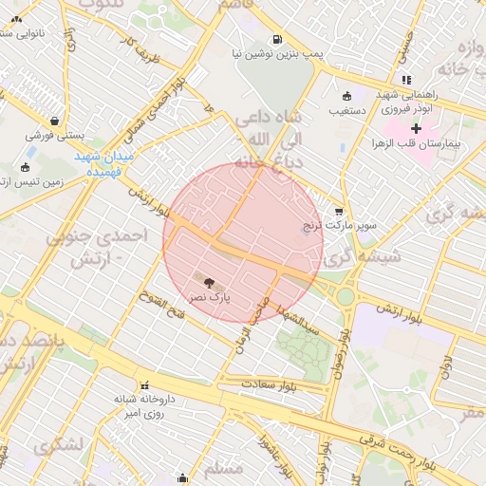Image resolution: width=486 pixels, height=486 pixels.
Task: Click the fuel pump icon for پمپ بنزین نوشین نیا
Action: pos(276,40)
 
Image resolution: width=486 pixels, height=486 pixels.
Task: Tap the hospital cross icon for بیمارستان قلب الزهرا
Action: pos(416,127)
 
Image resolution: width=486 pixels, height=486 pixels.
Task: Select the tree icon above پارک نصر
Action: pos(209,281)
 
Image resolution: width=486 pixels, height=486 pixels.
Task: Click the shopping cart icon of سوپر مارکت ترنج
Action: pos(339,212)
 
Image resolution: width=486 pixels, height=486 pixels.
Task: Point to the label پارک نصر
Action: pos(209,298)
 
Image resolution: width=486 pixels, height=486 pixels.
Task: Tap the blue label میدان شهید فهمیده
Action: pos(105,163)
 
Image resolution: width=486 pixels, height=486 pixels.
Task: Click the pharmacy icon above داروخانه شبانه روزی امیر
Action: pos(144,385)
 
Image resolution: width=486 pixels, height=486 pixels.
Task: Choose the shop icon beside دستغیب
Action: pos(346,95)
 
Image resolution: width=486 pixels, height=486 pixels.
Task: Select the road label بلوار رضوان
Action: pos(346,352)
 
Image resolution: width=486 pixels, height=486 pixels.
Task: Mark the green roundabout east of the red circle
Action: pos(345,296)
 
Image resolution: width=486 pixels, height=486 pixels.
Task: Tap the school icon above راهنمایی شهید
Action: pos(406,80)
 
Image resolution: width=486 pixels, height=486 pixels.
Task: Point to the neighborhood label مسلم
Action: pos(224,469)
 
